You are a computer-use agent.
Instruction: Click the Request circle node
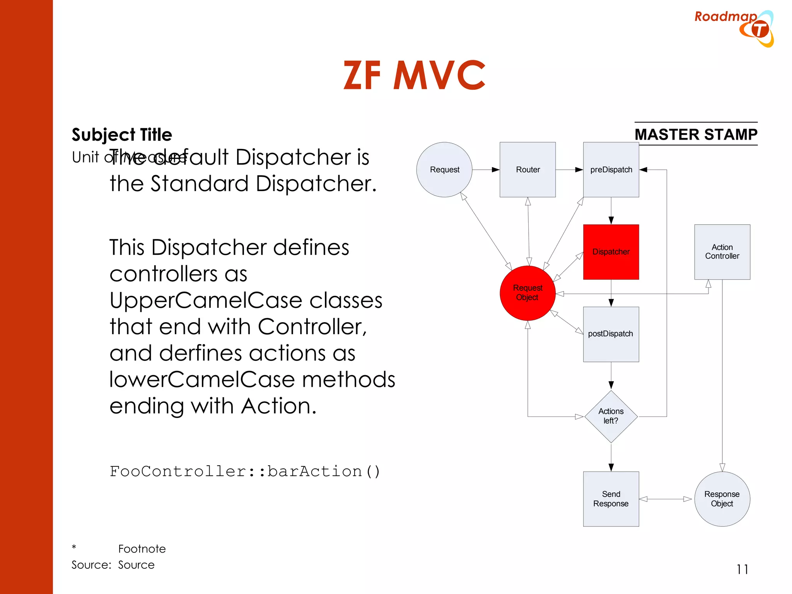coord(444,170)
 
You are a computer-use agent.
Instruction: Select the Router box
coord(527,170)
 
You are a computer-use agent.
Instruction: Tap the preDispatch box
coord(611,170)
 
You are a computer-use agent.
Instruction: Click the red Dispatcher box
coord(611,252)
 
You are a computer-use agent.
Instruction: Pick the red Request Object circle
coord(527,293)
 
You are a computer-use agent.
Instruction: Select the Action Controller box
coord(722,252)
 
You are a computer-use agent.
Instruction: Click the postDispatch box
coord(611,334)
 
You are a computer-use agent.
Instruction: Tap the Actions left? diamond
coord(611,416)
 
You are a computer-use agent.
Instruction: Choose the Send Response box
coord(611,499)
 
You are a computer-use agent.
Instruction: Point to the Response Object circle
coord(722,499)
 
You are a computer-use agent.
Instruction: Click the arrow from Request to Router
coord(486,170)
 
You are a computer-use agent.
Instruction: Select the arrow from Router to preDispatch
coord(569,170)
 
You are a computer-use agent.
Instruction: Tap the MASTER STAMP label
coord(696,135)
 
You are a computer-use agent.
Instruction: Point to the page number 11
coord(742,569)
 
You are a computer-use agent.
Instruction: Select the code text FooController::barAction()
coord(245,471)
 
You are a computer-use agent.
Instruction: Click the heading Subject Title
coord(122,135)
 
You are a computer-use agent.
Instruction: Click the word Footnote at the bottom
coord(142,549)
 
